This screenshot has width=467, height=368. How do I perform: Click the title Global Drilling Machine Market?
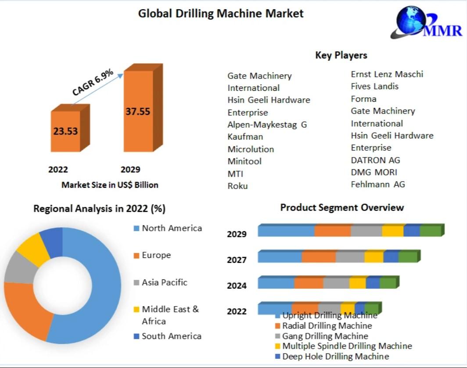221,14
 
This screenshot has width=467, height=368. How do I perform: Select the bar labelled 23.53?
66,131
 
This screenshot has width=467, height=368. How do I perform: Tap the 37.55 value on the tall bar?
137,111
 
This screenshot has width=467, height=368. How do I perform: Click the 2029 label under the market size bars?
130,170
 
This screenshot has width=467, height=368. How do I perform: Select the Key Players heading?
341,55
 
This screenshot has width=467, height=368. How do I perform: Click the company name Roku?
237,186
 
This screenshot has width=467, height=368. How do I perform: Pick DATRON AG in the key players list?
375,160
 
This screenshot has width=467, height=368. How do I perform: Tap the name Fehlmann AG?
378,184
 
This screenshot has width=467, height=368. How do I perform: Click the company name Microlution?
251,149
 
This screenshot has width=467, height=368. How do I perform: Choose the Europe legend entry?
156,255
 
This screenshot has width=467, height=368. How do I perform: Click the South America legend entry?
171,336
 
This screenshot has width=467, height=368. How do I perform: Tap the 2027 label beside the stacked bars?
237,260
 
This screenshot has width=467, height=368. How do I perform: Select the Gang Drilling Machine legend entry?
325,336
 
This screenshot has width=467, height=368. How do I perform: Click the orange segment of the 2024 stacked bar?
309,283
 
